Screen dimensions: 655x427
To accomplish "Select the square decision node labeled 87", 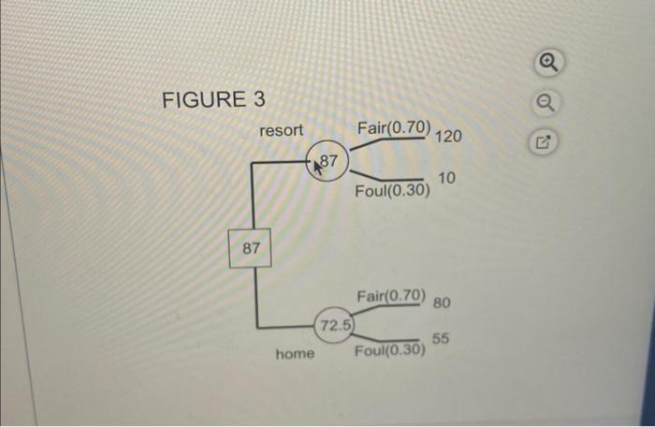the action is coord(251,247).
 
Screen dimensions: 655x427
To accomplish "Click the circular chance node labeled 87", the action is coord(329,166).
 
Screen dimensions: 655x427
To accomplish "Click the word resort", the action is coord(281,131).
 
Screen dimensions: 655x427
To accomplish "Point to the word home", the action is coord(295,355).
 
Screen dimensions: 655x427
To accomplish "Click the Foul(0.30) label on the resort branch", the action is coord(392,192).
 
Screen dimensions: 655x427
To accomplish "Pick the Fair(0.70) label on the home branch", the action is coord(391,297).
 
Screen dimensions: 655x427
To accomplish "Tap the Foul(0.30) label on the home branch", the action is coord(389,351).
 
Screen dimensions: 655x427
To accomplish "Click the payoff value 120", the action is coord(448,137).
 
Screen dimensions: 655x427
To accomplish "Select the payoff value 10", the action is coord(446,178).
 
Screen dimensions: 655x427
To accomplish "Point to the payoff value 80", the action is coord(443,303).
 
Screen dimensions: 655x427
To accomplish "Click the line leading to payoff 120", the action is coord(388,142).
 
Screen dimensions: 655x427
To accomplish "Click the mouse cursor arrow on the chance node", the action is coord(319,166).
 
